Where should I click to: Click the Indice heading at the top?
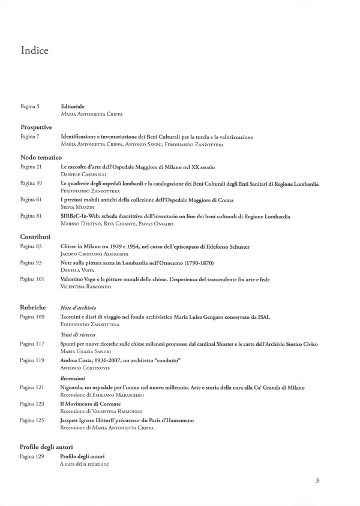point(34,50)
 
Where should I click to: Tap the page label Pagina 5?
point(29,106)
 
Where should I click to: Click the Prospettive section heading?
point(36,127)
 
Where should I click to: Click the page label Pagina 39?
point(31,183)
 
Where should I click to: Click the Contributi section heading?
point(35,236)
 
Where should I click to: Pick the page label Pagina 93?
point(31,263)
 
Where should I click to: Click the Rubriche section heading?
point(33,307)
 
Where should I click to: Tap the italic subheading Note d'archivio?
point(79,308)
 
